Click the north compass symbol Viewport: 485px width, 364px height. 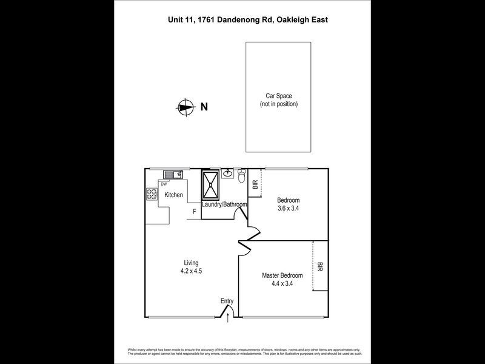[x=184, y=107]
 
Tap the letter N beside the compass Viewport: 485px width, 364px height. [x=204, y=107]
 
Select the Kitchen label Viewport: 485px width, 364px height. [x=173, y=195]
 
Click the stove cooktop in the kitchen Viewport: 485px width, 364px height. [x=151, y=195]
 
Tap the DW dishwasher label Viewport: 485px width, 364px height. [x=164, y=183]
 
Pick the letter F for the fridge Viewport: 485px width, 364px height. [x=194, y=212]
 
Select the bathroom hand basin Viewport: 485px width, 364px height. [x=228, y=175]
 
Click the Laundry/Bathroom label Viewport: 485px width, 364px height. [x=224, y=205]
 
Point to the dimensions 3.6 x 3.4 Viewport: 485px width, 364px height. [x=288, y=208]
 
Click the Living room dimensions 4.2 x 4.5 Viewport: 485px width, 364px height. [x=192, y=271]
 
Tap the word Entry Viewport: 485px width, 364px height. [x=227, y=301]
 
